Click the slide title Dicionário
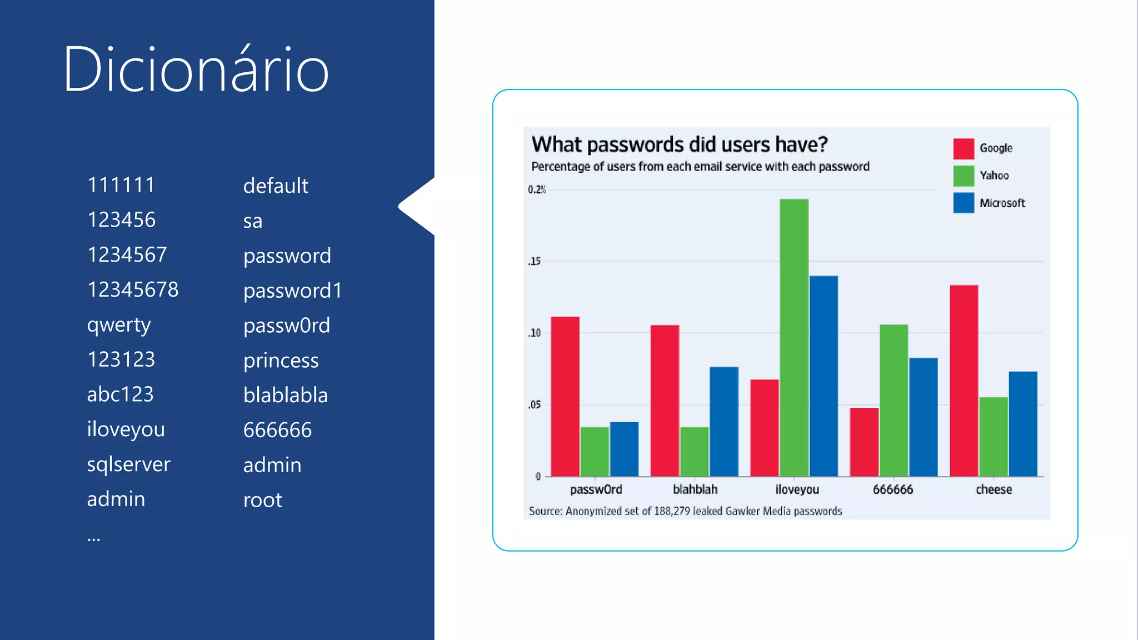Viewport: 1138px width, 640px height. point(196,69)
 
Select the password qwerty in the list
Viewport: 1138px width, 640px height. point(119,324)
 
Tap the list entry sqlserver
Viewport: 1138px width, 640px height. point(128,464)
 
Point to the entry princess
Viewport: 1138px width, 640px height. point(281,361)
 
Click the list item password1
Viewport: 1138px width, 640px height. point(292,291)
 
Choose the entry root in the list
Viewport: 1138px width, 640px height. point(262,500)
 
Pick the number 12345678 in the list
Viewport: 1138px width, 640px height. point(133,289)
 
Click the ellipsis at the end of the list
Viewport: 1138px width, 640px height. point(93,538)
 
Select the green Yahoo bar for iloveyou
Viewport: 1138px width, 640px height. point(794,337)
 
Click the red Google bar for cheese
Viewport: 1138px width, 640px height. point(964,381)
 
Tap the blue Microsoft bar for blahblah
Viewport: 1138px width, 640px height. point(723,421)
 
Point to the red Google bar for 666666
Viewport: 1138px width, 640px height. point(864,442)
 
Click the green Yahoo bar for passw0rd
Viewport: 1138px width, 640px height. point(595,451)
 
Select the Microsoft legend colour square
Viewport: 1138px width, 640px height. point(964,203)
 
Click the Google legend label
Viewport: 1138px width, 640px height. point(996,148)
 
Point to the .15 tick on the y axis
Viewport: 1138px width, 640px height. point(535,261)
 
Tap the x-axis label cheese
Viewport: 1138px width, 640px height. point(994,489)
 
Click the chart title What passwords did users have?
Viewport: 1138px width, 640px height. point(679,144)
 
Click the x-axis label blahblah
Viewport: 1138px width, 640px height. point(695,489)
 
